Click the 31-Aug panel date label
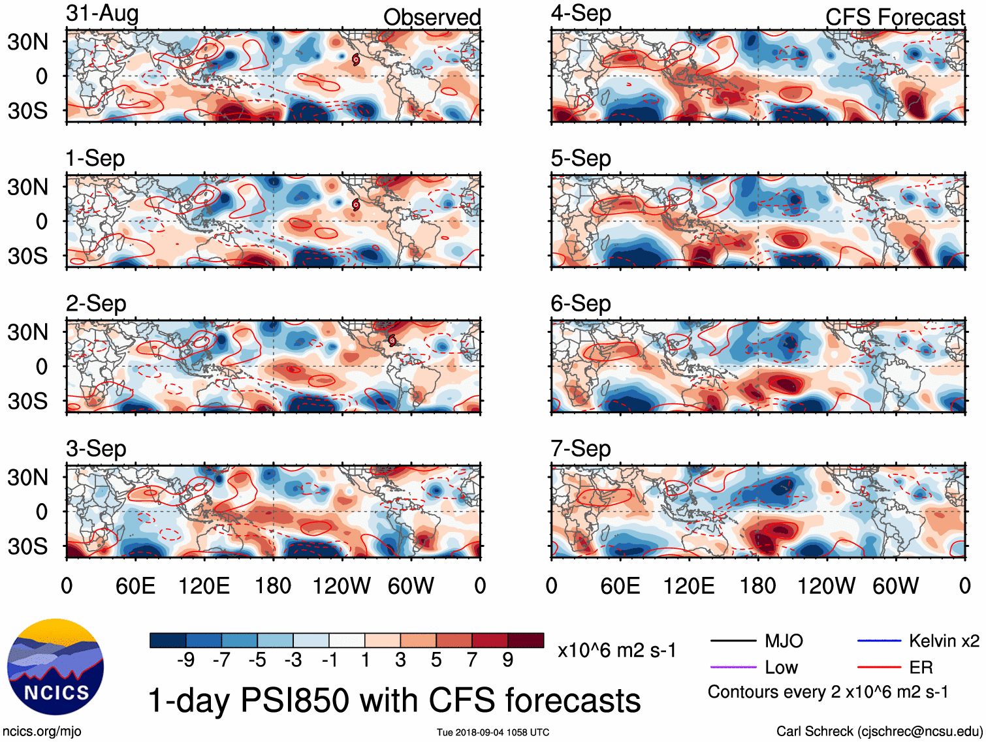[x=102, y=14]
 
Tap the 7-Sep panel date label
[x=580, y=449]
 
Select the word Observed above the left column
[x=432, y=18]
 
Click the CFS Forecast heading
[x=895, y=18]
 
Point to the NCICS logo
[x=56, y=666]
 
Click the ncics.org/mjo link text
[x=42, y=732]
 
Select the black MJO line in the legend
[x=733, y=641]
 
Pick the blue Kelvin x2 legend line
[x=879, y=641]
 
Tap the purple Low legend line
[x=733, y=667]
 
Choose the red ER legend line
[x=879, y=667]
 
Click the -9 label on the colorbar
[x=185, y=660]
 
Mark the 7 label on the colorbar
[x=472, y=660]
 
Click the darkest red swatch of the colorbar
[x=526, y=640]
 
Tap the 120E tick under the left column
[x=204, y=586]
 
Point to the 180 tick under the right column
[x=757, y=586]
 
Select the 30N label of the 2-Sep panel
[x=27, y=332]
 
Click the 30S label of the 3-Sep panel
[x=27, y=546]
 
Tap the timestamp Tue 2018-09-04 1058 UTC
[x=493, y=732]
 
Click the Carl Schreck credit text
[x=879, y=732]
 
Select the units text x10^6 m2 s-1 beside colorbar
[x=617, y=651]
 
